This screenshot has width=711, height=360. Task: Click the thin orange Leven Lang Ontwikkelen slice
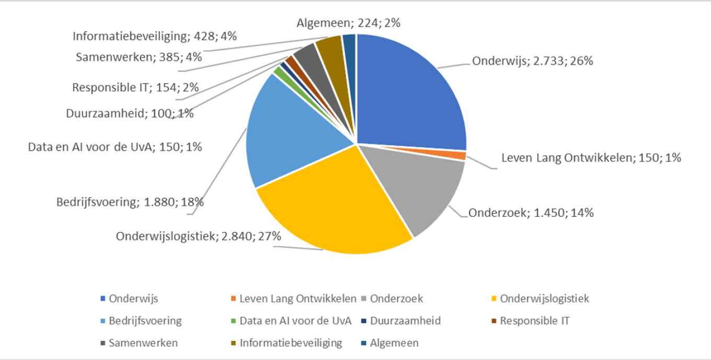pyautogui.click(x=462, y=156)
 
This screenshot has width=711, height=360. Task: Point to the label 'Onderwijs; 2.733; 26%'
pyautogui.click(x=532, y=61)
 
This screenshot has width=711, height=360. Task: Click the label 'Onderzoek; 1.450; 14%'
pyautogui.click(x=531, y=213)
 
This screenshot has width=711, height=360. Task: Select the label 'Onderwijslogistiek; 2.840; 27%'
pyautogui.click(x=199, y=236)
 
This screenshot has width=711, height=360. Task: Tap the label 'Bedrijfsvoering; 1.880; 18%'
pyautogui.click(x=130, y=202)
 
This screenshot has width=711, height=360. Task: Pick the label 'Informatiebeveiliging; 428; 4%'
pyautogui.click(x=155, y=37)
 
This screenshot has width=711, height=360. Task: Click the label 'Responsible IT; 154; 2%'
pyautogui.click(x=135, y=87)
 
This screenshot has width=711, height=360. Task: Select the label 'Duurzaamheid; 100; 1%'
pyautogui.click(x=130, y=113)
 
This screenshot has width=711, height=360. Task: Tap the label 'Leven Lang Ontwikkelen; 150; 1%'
pyautogui.click(x=591, y=157)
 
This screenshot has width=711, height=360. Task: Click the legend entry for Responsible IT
pyautogui.click(x=530, y=321)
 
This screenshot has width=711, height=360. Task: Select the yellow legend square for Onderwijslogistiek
pyautogui.click(x=494, y=299)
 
